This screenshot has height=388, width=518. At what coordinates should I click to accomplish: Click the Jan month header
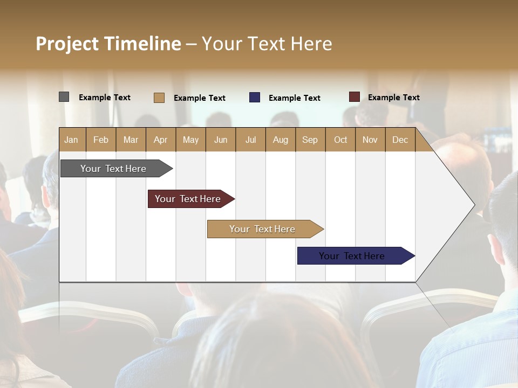tap(71, 140)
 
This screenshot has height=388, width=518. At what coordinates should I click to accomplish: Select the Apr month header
tap(160, 140)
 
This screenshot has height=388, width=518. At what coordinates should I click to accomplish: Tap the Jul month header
tap(250, 140)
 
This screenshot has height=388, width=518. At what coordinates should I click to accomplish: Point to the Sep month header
tap(310, 140)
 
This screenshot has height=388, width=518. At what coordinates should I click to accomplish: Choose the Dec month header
tap(400, 140)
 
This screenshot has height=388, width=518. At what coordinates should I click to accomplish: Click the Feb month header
tap(101, 140)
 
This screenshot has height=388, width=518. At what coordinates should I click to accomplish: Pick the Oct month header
tap(340, 140)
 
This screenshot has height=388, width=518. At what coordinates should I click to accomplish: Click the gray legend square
tap(64, 97)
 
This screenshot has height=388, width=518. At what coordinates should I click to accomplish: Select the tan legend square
tap(159, 98)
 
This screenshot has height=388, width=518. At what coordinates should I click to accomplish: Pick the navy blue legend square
tap(255, 98)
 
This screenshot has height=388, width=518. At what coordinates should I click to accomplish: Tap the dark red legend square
tap(354, 97)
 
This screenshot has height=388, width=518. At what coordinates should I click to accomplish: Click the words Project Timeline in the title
tap(108, 44)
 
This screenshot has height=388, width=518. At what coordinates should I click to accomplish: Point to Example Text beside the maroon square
tap(393, 98)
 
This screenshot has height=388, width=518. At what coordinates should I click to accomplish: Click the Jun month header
tap(220, 140)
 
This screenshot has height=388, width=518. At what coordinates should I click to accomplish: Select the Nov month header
tap(370, 140)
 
